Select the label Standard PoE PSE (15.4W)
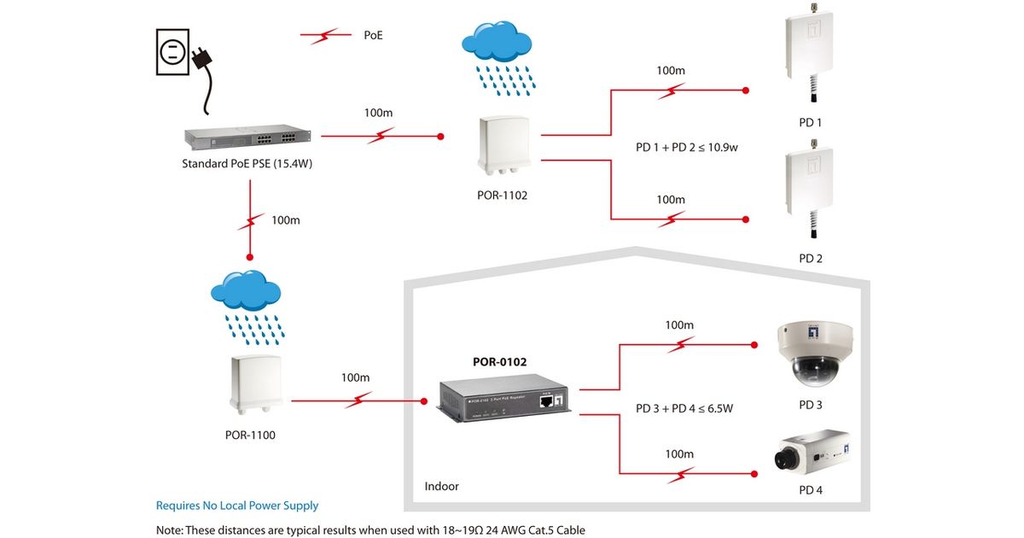(247, 164)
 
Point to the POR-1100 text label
(250, 435)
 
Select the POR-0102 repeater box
(503, 402)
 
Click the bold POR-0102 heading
(500, 362)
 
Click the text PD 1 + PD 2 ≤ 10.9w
(686, 147)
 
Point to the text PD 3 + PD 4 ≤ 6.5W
(684, 408)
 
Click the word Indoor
(442, 486)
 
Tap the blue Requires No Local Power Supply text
(237, 506)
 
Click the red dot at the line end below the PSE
(249, 256)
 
